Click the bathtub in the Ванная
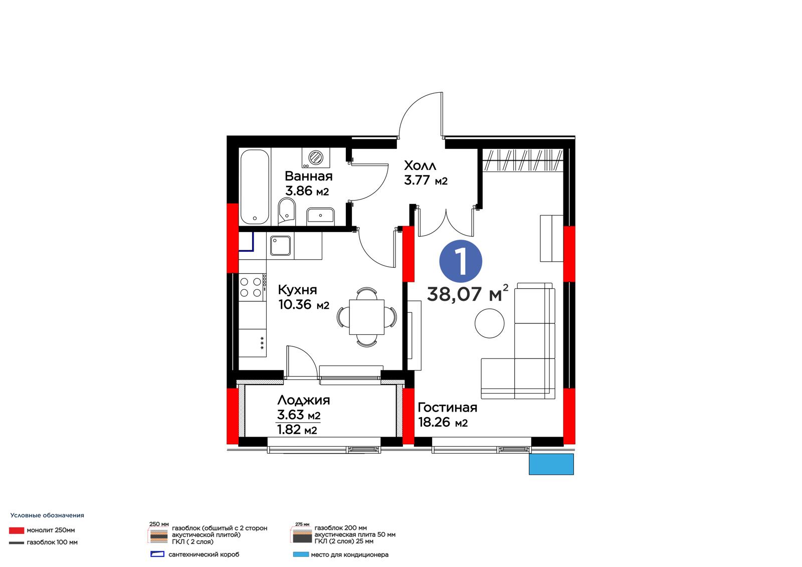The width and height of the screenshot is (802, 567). tap(255, 186)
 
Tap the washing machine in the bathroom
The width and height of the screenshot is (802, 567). tap(315, 157)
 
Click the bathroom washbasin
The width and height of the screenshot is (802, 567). tap(320, 216)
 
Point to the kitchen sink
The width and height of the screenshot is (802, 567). tap(280, 245)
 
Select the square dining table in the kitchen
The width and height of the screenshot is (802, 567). tap(366, 317)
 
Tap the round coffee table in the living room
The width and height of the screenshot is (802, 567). tap(489, 323)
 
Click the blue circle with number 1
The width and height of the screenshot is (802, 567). tap(461, 261)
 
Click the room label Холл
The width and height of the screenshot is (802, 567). tap(420, 165)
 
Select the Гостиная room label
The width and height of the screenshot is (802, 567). tap(448, 407)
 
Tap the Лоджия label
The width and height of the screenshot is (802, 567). tap(304, 400)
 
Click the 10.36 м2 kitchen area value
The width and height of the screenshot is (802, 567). tap(304, 304)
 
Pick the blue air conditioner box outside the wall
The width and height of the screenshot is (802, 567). tap(551, 464)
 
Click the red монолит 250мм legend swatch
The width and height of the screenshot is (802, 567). tap(17, 530)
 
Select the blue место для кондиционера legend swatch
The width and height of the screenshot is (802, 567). tap(301, 554)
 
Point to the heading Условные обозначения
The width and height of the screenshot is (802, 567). tap(47, 515)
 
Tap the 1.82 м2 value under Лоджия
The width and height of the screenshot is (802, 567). tap(297, 430)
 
